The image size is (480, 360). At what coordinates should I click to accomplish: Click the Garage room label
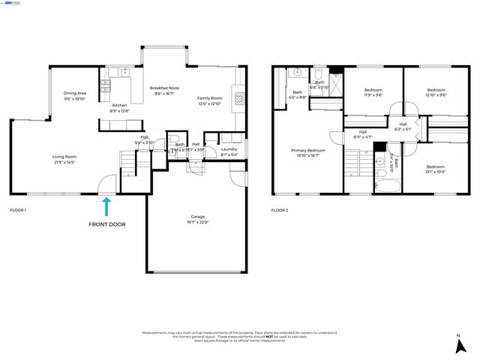(x=198, y=217)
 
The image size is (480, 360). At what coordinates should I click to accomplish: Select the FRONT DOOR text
(x=107, y=224)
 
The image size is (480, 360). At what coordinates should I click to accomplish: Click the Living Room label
(x=64, y=157)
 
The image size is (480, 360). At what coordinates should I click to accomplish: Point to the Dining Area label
(x=74, y=93)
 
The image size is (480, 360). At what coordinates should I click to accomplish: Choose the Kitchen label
(x=119, y=105)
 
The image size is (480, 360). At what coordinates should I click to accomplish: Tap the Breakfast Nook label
(x=163, y=88)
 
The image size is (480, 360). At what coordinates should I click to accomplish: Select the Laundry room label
(x=229, y=148)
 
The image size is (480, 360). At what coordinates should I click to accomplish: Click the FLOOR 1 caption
(x=17, y=210)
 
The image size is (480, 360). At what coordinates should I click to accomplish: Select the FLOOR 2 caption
(x=280, y=210)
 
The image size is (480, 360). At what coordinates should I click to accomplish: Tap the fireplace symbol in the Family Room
(x=238, y=96)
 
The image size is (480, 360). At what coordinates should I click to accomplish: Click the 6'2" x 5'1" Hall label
(x=403, y=127)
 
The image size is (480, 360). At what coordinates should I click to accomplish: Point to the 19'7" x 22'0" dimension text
(x=198, y=222)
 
